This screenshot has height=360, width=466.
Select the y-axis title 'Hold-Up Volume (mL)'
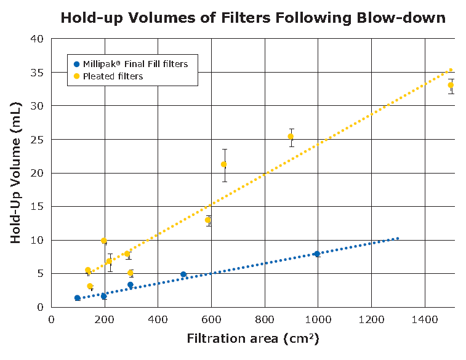tap(17, 173)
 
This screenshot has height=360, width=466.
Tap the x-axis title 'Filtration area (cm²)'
tap(252, 338)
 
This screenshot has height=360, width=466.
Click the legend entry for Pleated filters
tap(113, 76)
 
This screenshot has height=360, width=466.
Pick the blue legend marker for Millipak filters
tap(76, 64)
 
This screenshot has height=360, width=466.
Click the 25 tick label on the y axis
tap(38, 140)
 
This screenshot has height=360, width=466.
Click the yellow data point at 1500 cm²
tap(451, 85)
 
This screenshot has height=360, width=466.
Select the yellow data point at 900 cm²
tap(291, 137)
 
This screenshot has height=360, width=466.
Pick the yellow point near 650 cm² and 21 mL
tap(224, 164)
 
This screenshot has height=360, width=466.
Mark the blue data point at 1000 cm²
tap(318, 254)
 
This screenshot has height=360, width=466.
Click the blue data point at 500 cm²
tap(183, 274)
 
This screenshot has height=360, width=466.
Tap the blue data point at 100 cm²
tap(78, 298)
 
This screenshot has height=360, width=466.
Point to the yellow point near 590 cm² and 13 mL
tap(208, 220)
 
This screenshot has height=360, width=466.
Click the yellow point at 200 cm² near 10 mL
tap(104, 241)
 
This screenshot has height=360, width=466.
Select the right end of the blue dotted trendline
tap(398, 238)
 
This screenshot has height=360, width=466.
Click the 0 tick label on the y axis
tap(41, 307)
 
